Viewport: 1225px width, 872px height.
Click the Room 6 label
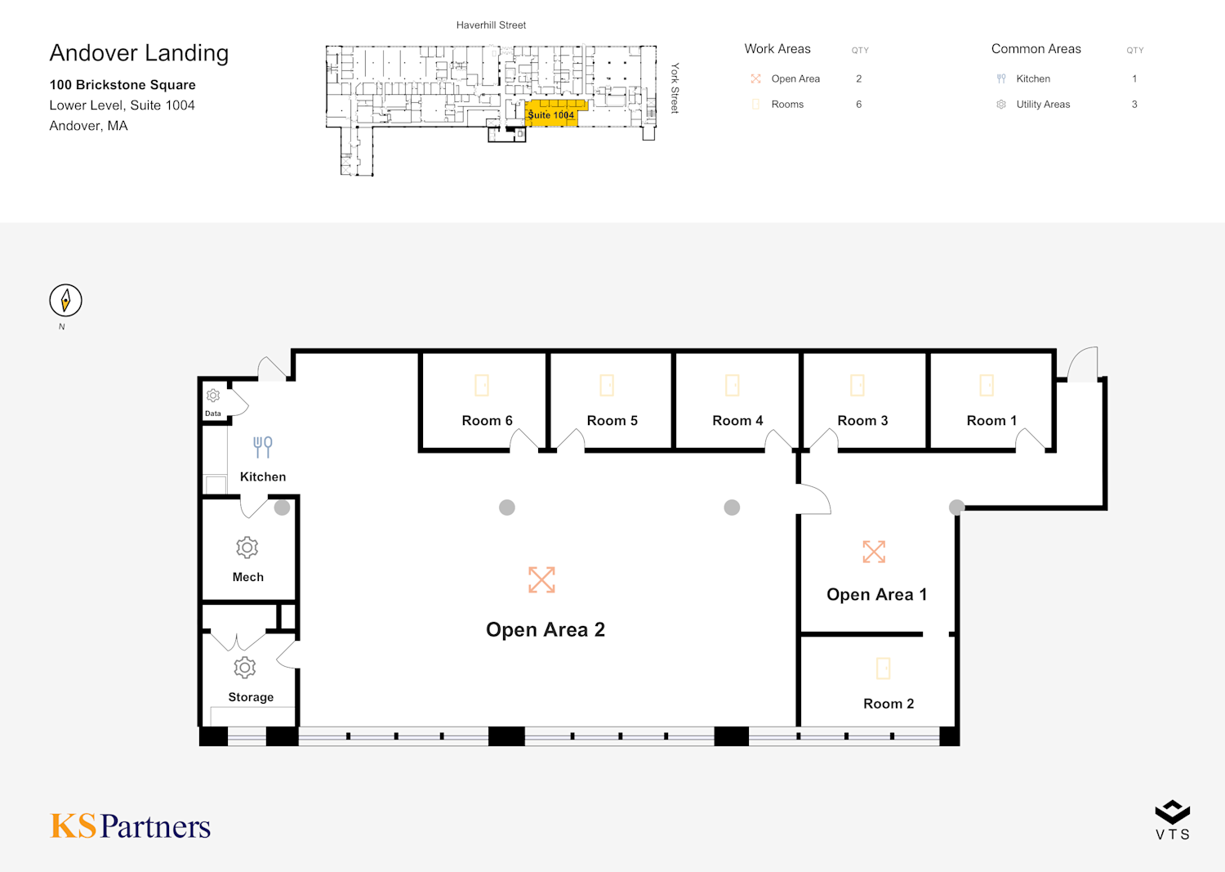pyautogui.click(x=487, y=420)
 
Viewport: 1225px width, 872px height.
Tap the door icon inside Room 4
pyautogui.click(x=733, y=385)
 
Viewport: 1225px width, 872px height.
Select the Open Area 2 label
pyautogui.click(x=545, y=629)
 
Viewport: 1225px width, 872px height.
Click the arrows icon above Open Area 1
pyautogui.click(x=874, y=552)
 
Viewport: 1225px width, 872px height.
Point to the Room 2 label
pyautogui.click(x=889, y=704)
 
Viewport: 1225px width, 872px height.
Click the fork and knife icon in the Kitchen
pyautogui.click(x=262, y=447)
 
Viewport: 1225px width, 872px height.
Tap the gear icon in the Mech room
pyautogui.click(x=247, y=548)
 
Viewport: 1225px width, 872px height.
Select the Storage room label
pyautogui.click(x=251, y=697)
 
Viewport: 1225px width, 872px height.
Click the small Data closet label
pyautogui.click(x=213, y=414)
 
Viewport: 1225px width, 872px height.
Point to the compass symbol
pyautogui.click(x=65, y=301)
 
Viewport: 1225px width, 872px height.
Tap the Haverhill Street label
pyautogui.click(x=491, y=25)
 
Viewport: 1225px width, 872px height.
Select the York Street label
pyautogui.click(x=675, y=87)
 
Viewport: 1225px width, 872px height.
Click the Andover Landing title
pyautogui.click(x=139, y=53)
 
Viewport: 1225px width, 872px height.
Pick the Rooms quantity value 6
pyautogui.click(x=858, y=105)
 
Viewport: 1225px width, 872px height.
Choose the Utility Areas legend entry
pyautogui.click(x=1042, y=105)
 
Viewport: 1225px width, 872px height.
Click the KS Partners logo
pyautogui.click(x=131, y=826)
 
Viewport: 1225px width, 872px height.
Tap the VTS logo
pyautogui.click(x=1173, y=820)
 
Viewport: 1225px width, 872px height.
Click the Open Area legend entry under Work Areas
pyautogui.click(x=795, y=79)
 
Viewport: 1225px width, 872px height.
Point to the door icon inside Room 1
pyautogui.click(x=987, y=385)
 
